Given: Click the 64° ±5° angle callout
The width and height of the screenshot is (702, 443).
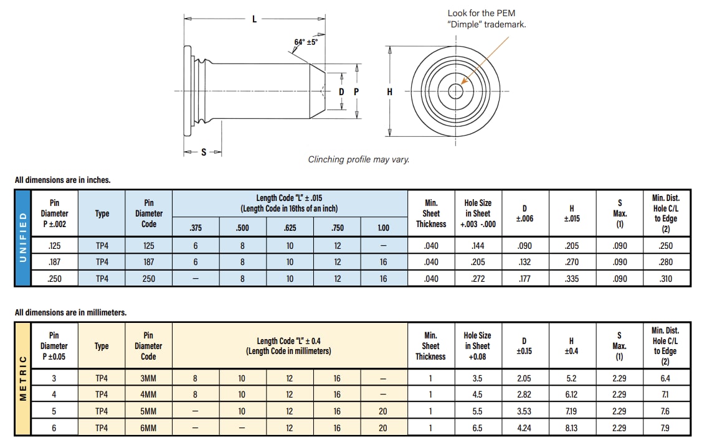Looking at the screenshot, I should point(306,42).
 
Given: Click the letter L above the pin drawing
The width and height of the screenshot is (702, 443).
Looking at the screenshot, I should point(254,19).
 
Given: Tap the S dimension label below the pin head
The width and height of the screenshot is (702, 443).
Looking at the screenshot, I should point(204,152).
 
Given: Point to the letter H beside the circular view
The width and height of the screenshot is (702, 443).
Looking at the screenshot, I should point(390,91).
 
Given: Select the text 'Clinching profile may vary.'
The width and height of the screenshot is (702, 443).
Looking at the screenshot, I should point(359,159).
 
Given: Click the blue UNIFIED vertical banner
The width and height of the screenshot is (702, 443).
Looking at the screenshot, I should point(23,238).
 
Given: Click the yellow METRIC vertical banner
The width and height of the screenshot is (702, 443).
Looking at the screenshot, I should point(23,378).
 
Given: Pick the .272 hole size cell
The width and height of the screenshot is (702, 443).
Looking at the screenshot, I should point(478,279).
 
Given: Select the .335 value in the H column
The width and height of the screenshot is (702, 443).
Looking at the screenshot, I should point(571,279).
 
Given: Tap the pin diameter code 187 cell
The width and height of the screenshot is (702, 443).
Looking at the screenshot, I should point(148,262).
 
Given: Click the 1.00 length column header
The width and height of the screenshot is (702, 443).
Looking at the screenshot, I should point(383,228).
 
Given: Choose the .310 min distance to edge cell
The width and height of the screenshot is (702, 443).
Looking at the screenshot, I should point(665,279).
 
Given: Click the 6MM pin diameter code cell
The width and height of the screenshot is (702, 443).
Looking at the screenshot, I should point(148,428).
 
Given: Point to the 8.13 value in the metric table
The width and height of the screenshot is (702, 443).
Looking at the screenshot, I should point(571,428).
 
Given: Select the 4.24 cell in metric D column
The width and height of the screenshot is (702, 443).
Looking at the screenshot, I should point(524,428).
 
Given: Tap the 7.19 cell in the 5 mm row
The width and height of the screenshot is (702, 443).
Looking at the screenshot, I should point(571,411).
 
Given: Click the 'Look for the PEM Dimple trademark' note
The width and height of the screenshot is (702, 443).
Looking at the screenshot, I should point(486,19).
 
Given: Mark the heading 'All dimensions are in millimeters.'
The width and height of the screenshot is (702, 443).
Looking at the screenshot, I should point(70,312).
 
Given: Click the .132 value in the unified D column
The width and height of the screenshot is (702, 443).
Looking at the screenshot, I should point(524,262).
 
